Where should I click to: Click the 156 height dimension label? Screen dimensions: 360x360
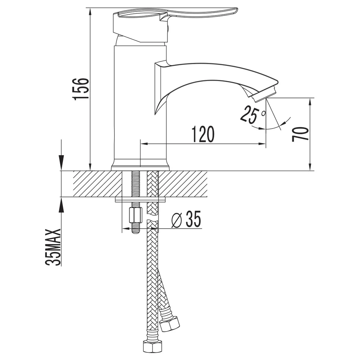(x=80, y=89)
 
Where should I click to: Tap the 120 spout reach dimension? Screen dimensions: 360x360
(x=203, y=134)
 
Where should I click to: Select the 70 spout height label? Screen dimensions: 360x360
(x=300, y=134)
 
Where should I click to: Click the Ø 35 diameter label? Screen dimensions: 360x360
(x=186, y=219)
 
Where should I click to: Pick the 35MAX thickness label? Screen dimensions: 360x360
(x=53, y=247)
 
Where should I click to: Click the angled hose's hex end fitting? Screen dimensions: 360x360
(x=170, y=324)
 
